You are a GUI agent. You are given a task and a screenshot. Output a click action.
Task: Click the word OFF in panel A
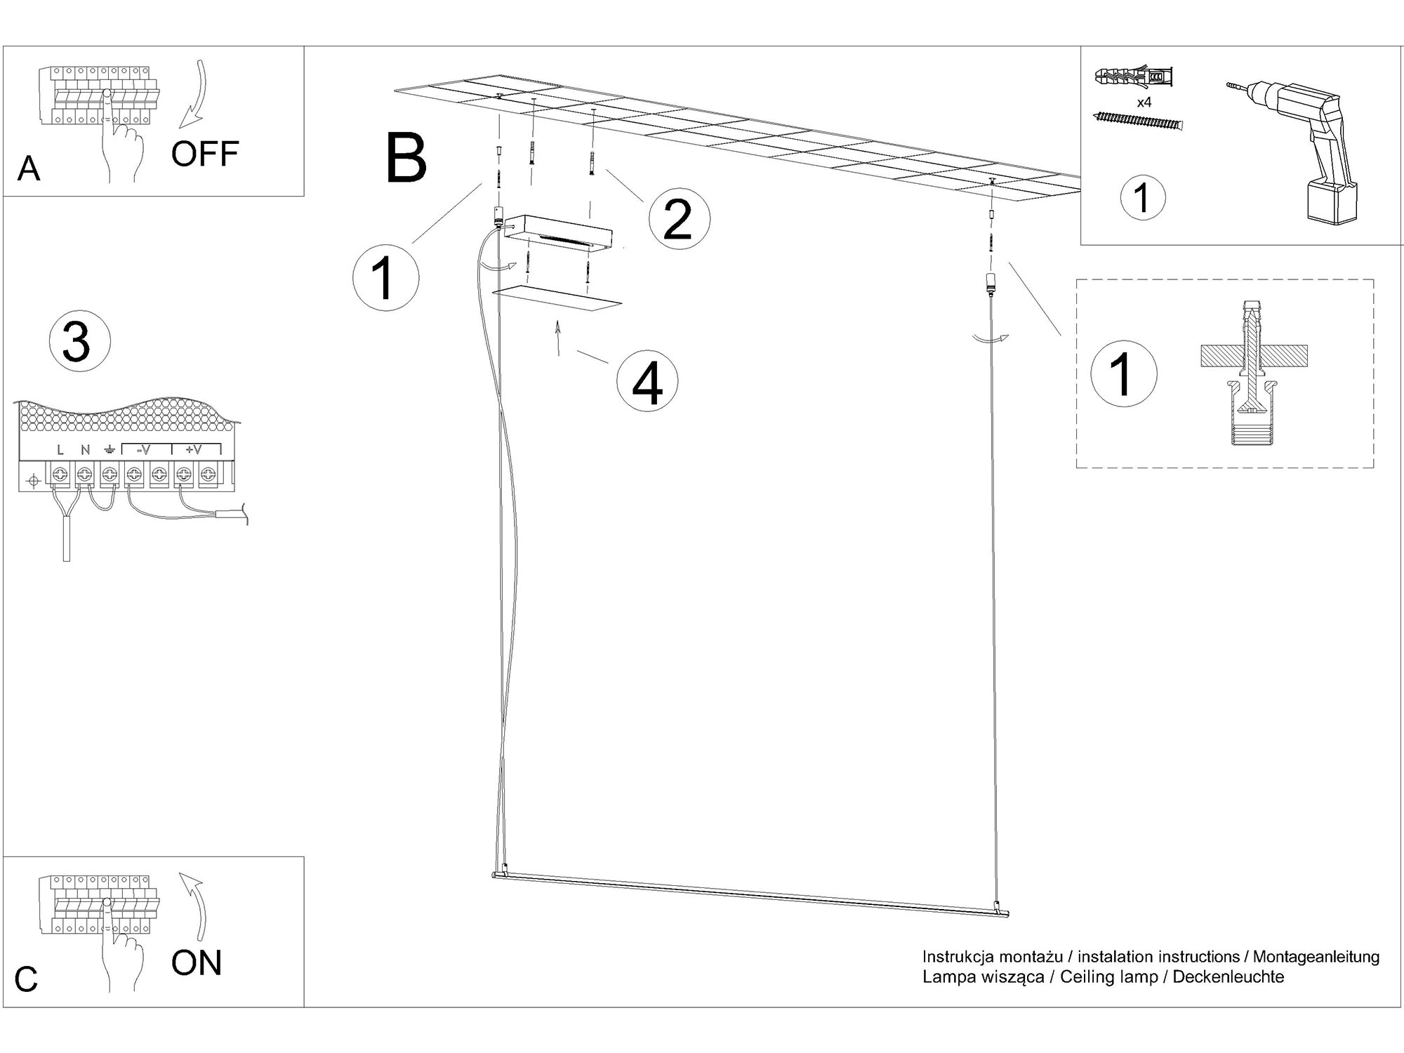pos(205,154)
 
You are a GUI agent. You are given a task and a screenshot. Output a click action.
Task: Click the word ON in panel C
pos(197,963)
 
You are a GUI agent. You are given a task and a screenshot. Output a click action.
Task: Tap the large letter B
pos(406,159)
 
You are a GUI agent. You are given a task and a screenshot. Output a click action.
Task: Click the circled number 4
pos(647,382)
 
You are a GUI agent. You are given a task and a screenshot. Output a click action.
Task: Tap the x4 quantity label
pos(1144,102)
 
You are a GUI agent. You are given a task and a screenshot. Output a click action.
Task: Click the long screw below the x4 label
pos(1138,121)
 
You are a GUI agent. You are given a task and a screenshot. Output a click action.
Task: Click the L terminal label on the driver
pos(60,450)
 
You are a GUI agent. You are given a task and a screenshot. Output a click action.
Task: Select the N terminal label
pos(85,450)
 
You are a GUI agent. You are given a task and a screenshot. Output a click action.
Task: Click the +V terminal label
pos(193,450)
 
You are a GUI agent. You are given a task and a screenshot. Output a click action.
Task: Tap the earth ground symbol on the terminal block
pos(110,450)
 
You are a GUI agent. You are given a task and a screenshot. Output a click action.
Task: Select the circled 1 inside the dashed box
pos(1122,373)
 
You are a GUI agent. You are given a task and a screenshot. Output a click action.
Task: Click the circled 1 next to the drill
pos(1143,197)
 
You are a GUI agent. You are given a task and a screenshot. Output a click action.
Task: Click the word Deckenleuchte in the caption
pos(1228,977)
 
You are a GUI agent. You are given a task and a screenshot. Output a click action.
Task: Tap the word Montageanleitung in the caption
pos(1316,957)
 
